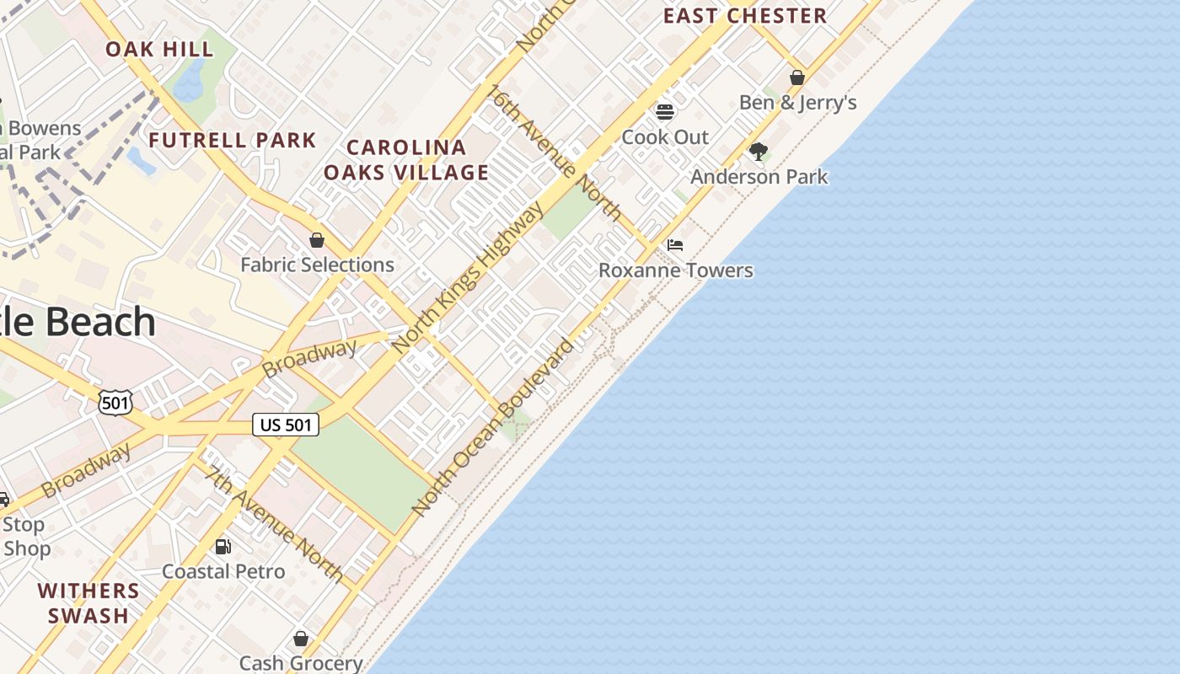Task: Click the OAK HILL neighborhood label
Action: [x=159, y=50]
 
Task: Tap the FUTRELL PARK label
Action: [x=233, y=141]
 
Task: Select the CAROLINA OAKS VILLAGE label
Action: [x=406, y=160]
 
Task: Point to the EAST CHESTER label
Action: [x=744, y=16]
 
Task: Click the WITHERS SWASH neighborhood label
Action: [x=88, y=603]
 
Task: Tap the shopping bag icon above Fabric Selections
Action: [x=317, y=241]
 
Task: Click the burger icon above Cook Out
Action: [x=665, y=112]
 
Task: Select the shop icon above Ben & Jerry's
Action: [x=797, y=78]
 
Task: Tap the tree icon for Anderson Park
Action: [x=759, y=152]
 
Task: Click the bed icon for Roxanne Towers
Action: [x=675, y=246]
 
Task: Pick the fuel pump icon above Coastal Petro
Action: [x=223, y=547]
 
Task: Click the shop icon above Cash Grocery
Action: [x=301, y=639]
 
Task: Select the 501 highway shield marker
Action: [x=115, y=403]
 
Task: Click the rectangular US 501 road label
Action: [x=286, y=425]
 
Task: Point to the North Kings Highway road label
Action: [x=469, y=279]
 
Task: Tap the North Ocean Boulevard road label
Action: [x=493, y=427]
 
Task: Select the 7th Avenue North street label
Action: [x=275, y=523]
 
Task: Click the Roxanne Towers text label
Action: [x=676, y=270]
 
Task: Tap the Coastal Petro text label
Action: [x=223, y=572]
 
